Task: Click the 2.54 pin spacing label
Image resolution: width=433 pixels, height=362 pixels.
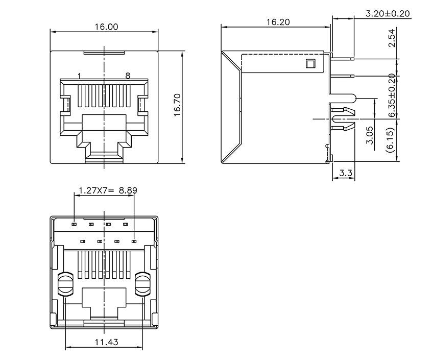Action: click(392, 39)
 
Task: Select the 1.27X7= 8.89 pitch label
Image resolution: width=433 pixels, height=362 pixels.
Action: click(107, 191)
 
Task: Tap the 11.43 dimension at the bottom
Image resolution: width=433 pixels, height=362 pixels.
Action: click(105, 342)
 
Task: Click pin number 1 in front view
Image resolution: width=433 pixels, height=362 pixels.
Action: click(79, 76)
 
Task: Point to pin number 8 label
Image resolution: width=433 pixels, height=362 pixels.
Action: click(128, 76)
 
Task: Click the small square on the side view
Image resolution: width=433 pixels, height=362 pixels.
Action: click(309, 64)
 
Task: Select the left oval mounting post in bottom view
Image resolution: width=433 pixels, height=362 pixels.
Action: click(65, 284)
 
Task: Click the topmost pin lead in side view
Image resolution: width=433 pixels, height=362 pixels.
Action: click(342, 59)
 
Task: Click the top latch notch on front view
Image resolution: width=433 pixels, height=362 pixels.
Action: click(104, 52)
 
